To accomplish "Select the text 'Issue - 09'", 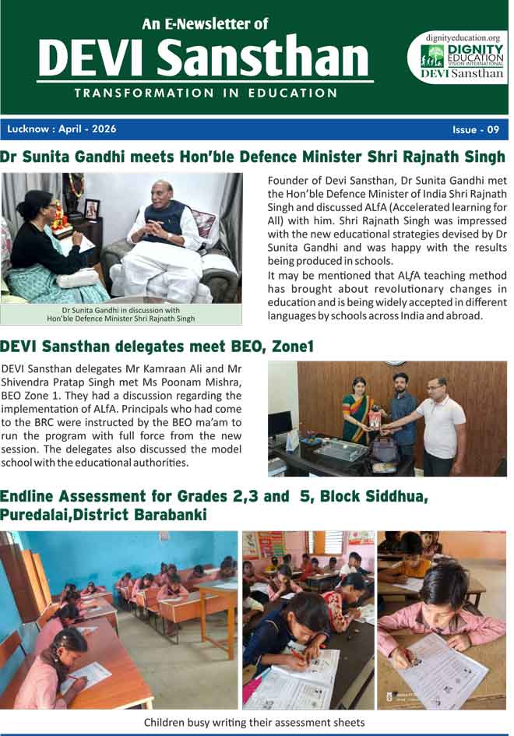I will pyautogui.click(x=475, y=129).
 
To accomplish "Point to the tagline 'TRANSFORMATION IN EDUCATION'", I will pyautogui.click(x=206, y=93).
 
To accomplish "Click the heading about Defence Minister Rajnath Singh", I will pyautogui.click(x=253, y=157).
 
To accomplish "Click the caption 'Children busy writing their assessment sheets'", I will pyautogui.click(x=254, y=722).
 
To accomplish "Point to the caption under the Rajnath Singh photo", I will pyautogui.click(x=121, y=314).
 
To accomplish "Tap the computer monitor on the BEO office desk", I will pyautogui.click(x=280, y=424).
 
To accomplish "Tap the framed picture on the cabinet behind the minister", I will pyautogui.click(x=91, y=209).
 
